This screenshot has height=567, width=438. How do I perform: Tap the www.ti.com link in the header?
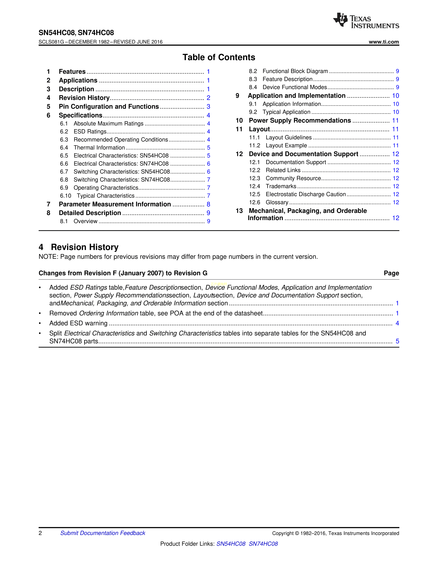[x=384, y=42]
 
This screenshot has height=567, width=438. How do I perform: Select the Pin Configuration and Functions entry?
[x=109, y=107]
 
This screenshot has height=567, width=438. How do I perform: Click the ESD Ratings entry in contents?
[x=90, y=132]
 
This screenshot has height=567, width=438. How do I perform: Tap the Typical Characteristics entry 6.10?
[x=105, y=196]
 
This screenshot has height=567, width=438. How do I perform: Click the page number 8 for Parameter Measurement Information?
[x=208, y=204]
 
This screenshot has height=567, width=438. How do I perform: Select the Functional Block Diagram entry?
[x=295, y=71]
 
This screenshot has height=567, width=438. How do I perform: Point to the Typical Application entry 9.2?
[x=286, y=112]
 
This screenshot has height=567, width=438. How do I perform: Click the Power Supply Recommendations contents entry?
[x=300, y=120]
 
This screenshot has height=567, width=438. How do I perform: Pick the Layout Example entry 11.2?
[x=286, y=145]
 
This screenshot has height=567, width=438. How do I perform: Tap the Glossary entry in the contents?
[x=277, y=202]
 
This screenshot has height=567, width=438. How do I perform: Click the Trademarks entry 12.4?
[x=281, y=186]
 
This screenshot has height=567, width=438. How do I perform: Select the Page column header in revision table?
[x=391, y=273]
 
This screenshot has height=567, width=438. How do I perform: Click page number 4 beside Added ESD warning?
[x=397, y=323]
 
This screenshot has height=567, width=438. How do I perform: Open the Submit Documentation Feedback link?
[x=103, y=533]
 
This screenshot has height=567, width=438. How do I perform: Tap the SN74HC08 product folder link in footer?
[x=263, y=544]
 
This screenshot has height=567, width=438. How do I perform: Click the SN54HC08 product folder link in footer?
[x=231, y=544]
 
